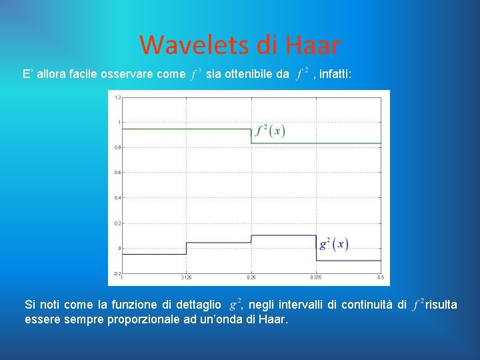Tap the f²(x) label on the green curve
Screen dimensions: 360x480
pyautogui.click(x=270, y=130)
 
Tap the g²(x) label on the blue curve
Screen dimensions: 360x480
pyautogui.click(x=333, y=243)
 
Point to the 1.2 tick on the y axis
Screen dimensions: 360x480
pyautogui.click(x=117, y=97)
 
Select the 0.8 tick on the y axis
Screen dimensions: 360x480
pyautogui.click(x=117, y=147)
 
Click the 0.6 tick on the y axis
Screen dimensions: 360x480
pyautogui.click(x=117, y=173)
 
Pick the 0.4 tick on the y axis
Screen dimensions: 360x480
pyautogui.click(x=117, y=198)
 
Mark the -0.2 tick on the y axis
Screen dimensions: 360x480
pyautogui.click(x=117, y=273)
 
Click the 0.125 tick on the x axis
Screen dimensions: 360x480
pyautogui.click(x=187, y=278)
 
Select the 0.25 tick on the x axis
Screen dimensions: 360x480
pyautogui.click(x=251, y=278)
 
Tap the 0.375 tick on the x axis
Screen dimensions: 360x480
pyautogui.click(x=316, y=278)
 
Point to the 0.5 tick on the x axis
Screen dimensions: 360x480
pyautogui.click(x=380, y=278)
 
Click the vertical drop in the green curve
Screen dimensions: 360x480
pyautogui.click(x=251, y=136)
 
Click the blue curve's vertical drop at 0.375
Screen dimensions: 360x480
pyautogui.click(x=316, y=247)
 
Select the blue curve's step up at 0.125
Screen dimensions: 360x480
pyautogui.click(x=187, y=248)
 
